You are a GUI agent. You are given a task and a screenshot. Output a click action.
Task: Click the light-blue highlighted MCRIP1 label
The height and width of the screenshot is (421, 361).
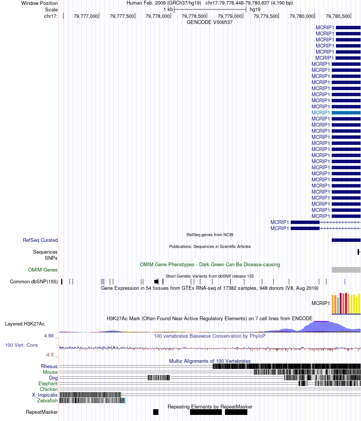[x=320, y=113]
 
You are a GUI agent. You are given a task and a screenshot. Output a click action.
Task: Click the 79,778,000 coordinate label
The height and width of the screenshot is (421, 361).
[x=158, y=16]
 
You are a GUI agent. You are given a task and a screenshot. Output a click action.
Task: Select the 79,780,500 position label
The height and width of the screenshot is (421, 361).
[x=338, y=16]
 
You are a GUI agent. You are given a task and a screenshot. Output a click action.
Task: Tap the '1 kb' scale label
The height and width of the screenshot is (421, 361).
[x=168, y=10]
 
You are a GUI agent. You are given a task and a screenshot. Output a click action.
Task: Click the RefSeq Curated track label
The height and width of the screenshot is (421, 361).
[x=40, y=240]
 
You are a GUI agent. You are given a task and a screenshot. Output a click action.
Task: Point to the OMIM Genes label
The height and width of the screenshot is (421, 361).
[x=43, y=270]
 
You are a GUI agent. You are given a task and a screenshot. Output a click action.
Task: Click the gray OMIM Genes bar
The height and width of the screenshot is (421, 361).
[x=346, y=270]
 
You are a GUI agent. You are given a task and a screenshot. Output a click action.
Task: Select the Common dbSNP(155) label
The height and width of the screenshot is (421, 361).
[x=34, y=281]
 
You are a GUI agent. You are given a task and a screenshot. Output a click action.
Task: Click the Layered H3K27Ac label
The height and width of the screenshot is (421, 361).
[x=25, y=324]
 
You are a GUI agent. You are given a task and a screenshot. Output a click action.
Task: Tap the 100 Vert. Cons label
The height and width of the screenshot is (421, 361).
[x=21, y=345]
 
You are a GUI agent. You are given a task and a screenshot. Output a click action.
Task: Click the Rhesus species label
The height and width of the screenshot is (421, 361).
[x=49, y=366]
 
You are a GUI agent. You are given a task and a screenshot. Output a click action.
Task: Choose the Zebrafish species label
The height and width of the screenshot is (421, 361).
[x=47, y=400]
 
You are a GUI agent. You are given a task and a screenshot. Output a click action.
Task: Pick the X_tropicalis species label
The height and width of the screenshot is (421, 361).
[x=45, y=395]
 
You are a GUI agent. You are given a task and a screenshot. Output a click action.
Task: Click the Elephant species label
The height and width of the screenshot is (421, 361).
[x=48, y=383]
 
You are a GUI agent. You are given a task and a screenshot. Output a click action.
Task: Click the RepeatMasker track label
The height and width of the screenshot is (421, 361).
[x=42, y=412]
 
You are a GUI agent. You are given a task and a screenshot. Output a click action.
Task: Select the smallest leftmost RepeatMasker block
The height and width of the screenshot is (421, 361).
[x=156, y=412]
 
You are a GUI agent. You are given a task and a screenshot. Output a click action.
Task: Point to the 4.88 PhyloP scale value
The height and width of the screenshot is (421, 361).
[x=49, y=335]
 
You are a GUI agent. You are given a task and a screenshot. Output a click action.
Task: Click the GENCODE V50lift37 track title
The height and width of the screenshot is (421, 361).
[x=210, y=22]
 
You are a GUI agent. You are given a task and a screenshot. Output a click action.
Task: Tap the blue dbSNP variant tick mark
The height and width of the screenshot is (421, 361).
[x=345, y=281]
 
